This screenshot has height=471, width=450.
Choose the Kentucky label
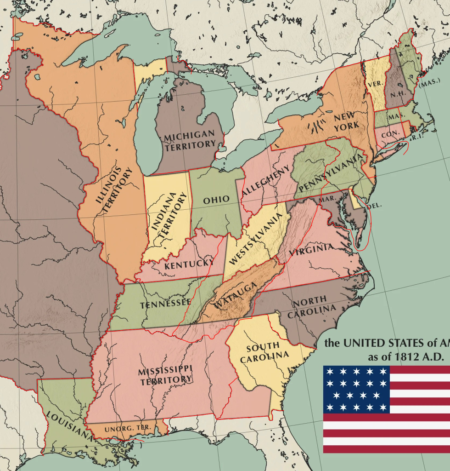[x=189, y=264]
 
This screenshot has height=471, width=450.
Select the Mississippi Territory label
[x=165, y=375]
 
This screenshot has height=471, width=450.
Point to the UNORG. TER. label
[x=125, y=428]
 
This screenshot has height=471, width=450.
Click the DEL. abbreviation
[x=374, y=206]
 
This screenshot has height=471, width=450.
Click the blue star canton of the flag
[x=356, y=389]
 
